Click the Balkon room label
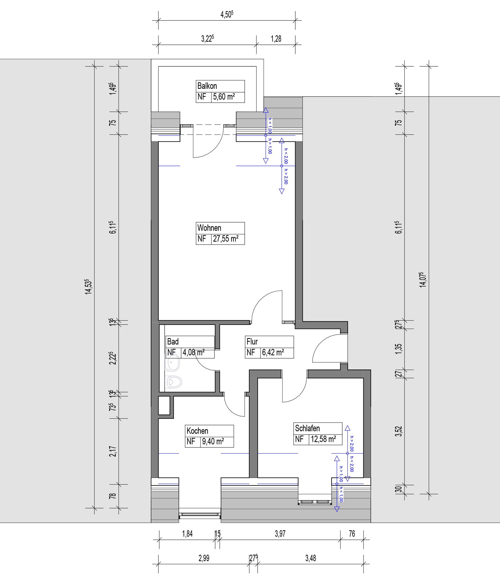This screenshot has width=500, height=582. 207,86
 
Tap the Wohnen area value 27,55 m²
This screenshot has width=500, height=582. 226,239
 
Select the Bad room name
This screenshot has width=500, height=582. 173,342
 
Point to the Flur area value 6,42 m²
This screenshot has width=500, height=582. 273,353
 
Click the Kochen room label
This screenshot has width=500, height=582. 197,431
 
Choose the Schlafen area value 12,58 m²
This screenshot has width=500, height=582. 323,439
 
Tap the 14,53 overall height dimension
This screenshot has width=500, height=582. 89,287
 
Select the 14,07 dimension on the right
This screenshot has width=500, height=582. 423,280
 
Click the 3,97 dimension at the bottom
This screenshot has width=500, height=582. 280,534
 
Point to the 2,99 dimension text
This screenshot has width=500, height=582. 204,558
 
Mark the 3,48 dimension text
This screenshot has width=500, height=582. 310,558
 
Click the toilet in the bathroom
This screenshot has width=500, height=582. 173,382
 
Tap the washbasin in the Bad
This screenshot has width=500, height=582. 172,362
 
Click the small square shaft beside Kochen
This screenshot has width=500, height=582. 164,405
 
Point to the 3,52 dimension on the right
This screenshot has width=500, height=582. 398,431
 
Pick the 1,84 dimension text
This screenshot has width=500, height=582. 187,534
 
